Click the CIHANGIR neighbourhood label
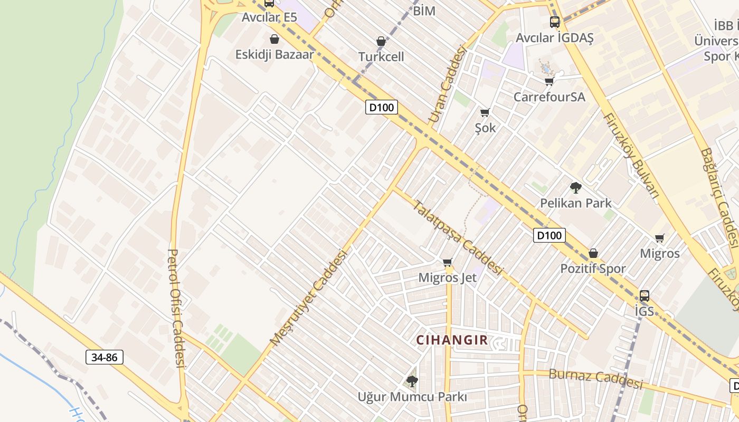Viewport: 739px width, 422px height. [x=452, y=340]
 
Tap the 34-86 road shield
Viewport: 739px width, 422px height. [x=105, y=358]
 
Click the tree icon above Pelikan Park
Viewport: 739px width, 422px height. [x=575, y=188]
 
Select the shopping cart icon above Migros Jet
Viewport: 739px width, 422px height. [x=448, y=262]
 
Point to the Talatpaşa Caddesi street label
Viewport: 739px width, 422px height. [x=457, y=237]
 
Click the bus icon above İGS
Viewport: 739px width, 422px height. [x=644, y=295]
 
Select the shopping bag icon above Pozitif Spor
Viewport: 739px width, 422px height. [x=593, y=253]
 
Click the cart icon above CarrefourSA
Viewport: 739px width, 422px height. [x=549, y=81]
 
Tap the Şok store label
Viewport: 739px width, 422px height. [x=485, y=128]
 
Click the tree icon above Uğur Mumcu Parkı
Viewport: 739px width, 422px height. [x=412, y=381]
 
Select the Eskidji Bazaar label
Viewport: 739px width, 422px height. [x=274, y=54]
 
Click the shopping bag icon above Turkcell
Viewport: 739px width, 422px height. [x=381, y=41]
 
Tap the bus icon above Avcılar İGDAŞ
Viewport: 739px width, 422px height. [x=554, y=22]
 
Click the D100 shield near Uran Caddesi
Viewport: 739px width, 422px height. [x=381, y=108]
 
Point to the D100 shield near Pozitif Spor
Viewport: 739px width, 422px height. [x=549, y=235]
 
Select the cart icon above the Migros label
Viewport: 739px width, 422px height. [x=659, y=238]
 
